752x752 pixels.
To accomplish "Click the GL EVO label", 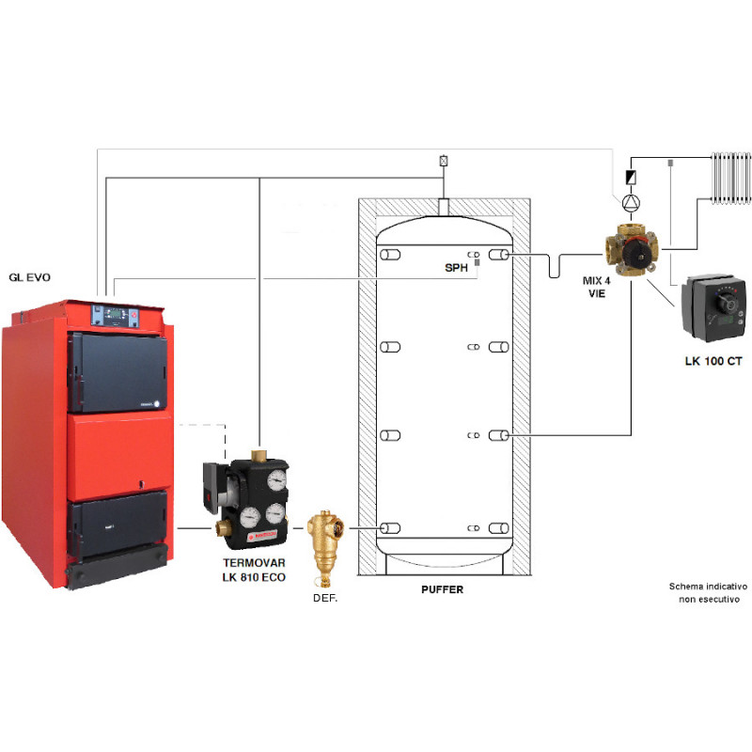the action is pyautogui.click(x=30, y=277).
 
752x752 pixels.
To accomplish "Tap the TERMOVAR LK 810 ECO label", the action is pyautogui.click(x=254, y=570).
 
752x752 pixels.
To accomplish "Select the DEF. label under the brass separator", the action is pyautogui.click(x=325, y=598).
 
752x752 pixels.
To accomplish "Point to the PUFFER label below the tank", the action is pyautogui.click(x=442, y=589).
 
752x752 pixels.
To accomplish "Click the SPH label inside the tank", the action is pyautogui.click(x=456, y=268).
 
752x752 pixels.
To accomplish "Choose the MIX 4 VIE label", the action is pyautogui.click(x=597, y=287).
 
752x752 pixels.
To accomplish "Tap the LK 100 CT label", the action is pyautogui.click(x=713, y=361).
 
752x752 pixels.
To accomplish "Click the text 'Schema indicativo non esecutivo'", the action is pyautogui.click(x=709, y=593).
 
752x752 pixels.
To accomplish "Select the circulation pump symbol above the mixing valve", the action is pyautogui.click(x=631, y=203).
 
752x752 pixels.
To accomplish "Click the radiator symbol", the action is pyautogui.click(x=731, y=178).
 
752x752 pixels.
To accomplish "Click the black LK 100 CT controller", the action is pyautogui.click(x=714, y=308).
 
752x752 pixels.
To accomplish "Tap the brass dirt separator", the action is pyautogui.click(x=325, y=547).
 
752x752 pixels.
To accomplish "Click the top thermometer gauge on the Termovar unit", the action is pyautogui.click(x=276, y=479).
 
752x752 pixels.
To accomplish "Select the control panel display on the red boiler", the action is pyautogui.click(x=116, y=314).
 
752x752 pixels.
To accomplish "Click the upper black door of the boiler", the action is pyautogui.click(x=118, y=372).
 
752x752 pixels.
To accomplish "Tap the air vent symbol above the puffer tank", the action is pyautogui.click(x=444, y=161).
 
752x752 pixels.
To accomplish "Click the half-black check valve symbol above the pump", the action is pyautogui.click(x=631, y=178).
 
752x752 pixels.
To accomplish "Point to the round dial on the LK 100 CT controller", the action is pyautogui.click(x=726, y=303).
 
